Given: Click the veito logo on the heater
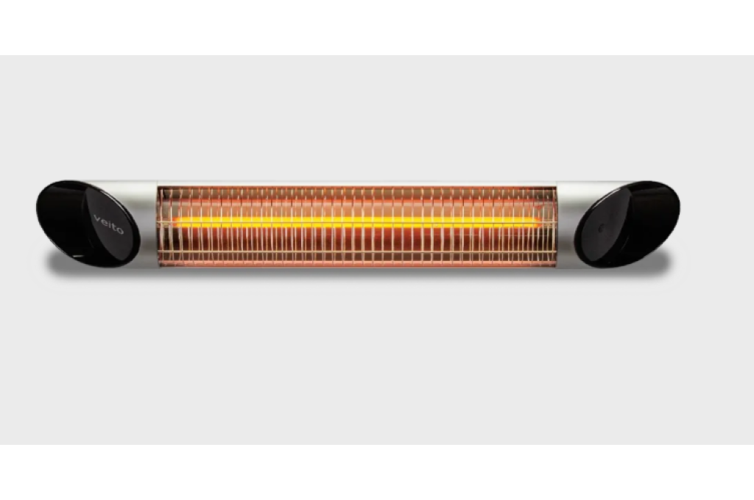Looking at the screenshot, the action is (x=109, y=224).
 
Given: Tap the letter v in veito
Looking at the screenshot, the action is (x=96, y=218).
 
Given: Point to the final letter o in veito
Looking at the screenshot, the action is (x=120, y=231).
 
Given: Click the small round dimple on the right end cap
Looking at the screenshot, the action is (x=601, y=229).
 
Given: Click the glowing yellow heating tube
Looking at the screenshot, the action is (x=356, y=222).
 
